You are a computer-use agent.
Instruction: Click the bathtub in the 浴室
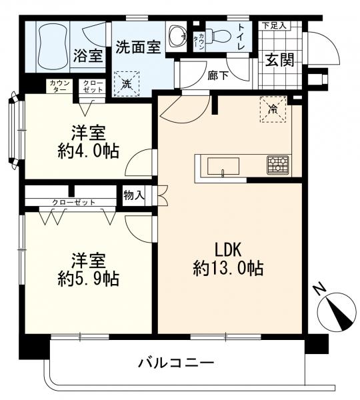pos(53,47)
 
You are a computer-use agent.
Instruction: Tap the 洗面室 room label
pos(138,47)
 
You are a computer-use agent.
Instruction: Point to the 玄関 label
pos(280,60)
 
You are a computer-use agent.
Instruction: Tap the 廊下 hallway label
pos(217,75)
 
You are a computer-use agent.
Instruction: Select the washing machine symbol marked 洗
pos(127,84)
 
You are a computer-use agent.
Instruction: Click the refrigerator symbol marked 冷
pos(273,109)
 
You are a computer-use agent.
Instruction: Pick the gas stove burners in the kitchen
pos(277,165)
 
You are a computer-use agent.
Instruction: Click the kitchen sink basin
pos(223,166)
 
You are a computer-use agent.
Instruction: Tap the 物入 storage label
pos(134,196)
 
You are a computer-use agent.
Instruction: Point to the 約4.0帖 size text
pos(89,151)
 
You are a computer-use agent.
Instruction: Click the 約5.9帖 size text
pos(89,279)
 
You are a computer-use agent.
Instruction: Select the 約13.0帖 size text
pos(228,268)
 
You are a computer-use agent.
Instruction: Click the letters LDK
pos(228,250)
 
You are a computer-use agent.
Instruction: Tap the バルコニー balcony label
pos(176,363)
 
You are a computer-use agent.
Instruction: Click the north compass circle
pos(336,311)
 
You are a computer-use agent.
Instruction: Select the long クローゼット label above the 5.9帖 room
pos(74,203)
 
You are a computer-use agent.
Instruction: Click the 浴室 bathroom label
pos(88,55)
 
